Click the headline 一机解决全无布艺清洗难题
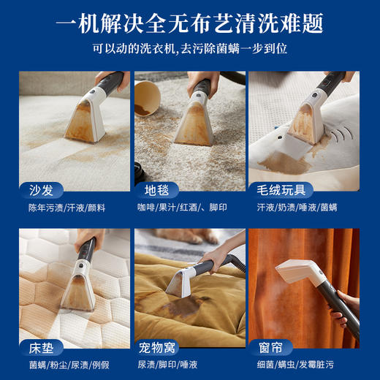coord(190,25)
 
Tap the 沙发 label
coord(41,190)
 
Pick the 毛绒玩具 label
coord(282,190)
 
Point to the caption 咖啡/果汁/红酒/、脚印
coord(183,208)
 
